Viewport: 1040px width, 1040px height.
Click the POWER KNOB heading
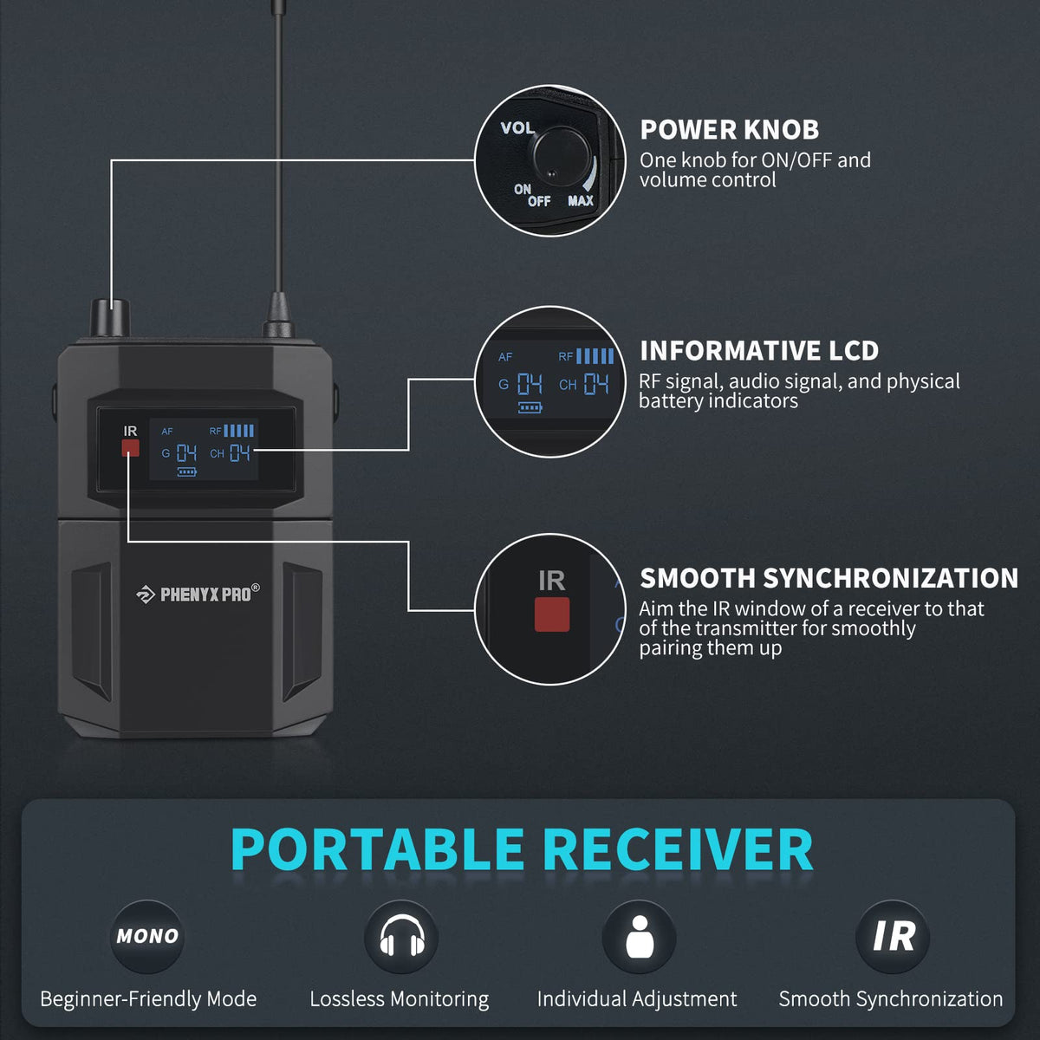pyautogui.click(x=729, y=129)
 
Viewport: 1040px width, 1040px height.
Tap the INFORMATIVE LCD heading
pyautogui.click(x=759, y=351)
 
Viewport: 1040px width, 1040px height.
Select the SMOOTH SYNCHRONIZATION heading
pyautogui.click(x=829, y=578)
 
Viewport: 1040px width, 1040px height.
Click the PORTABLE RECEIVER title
pyautogui.click(x=522, y=850)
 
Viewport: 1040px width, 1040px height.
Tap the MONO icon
pyautogui.click(x=147, y=936)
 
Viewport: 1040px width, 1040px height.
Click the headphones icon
pyautogui.click(x=401, y=936)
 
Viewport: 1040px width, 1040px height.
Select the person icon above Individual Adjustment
pyautogui.click(x=639, y=936)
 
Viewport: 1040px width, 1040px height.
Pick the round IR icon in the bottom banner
pyautogui.click(x=893, y=936)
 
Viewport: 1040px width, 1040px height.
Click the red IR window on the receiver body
pyautogui.click(x=130, y=447)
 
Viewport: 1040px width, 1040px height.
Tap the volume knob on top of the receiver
pyautogui.click(x=110, y=318)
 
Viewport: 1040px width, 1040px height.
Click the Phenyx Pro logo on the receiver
pyautogui.click(x=198, y=595)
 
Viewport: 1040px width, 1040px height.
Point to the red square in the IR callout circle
pyautogui.click(x=551, y=614)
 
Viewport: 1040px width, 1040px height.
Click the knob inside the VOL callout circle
pyautogui.click(x=560, y=157)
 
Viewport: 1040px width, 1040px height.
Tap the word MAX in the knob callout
pyautogui.click(x=580, y=201)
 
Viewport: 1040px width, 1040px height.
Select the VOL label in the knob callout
pyautogui.click(x=517, y=128)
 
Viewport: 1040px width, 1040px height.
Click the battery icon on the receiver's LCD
pyautogui.click(x=186, y=471)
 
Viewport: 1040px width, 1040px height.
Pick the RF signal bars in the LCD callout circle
pyautogui.click(x=595, y=356)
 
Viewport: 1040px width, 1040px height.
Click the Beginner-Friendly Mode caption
pyautogui.click(x=148, y=999)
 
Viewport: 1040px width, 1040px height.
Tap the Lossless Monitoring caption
pyautogui.click(x=400, y=999)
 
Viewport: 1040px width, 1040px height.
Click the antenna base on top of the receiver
pyautogui.click(x=278, y=315)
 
